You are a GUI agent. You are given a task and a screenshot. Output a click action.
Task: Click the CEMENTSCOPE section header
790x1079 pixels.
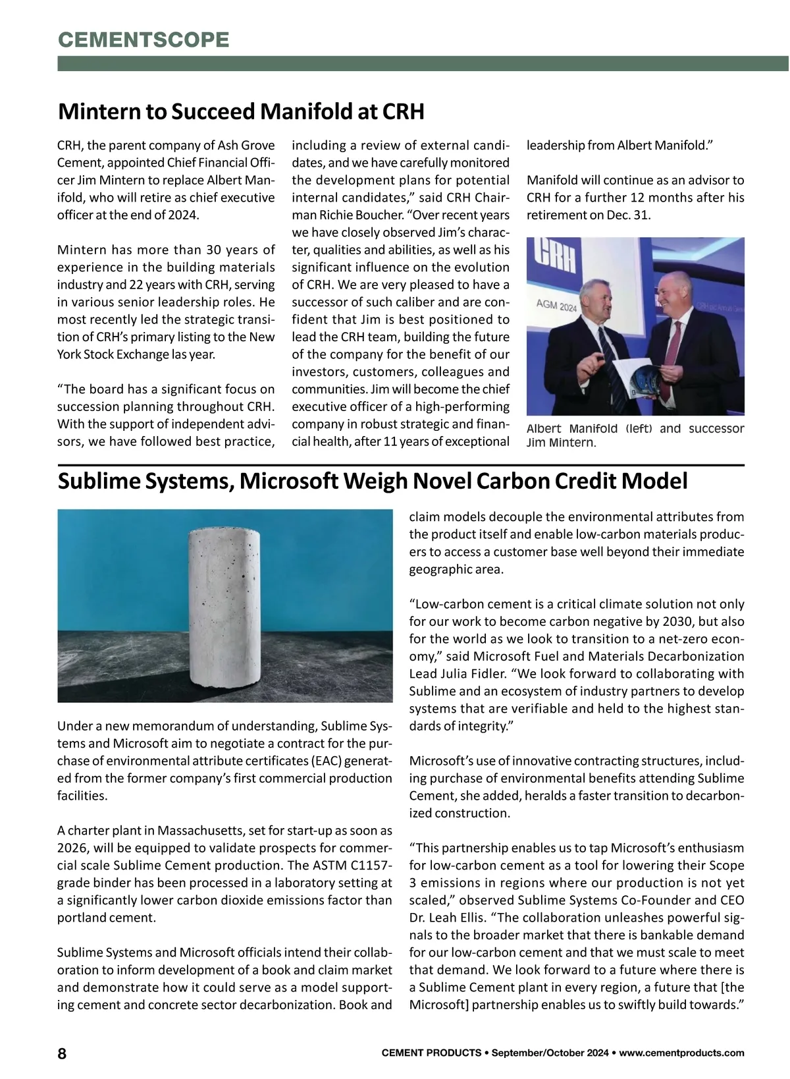click(x=144, y=40)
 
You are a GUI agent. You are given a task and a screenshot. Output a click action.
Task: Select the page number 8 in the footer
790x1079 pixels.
click(x=63, y=1053)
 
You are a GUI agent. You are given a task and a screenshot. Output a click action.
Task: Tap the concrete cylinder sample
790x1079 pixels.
click(x=221, y=609)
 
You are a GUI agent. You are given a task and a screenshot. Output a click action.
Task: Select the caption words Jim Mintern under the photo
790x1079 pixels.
click(x=561, y=443)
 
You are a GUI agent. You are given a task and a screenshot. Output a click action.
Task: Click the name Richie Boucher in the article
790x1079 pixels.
click(x=476, y=215)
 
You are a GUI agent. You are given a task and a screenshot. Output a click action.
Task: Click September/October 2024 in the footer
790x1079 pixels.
click(x=551, y=1053)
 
